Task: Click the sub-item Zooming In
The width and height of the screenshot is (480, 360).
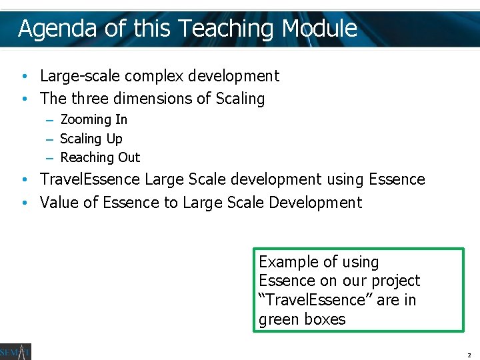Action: click(x=93, y=120)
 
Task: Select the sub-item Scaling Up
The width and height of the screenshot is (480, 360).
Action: click(x=91, y=139)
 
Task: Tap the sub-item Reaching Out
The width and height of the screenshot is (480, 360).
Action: click(x=100, y=157)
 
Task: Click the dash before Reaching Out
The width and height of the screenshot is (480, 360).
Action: click(x=50, y=158)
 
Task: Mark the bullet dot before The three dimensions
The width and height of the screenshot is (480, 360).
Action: click(x=23, y=99)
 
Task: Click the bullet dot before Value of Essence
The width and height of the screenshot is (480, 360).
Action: click(x=23, y=203)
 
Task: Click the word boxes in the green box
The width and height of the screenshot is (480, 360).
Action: click(x=325, y=319)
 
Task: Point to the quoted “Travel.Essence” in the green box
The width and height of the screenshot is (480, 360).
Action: click(x=314, y=300)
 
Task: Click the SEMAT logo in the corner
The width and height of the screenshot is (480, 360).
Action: click(x=15, y=351)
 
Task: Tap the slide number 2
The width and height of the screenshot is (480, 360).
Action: click(x=469, y=355)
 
